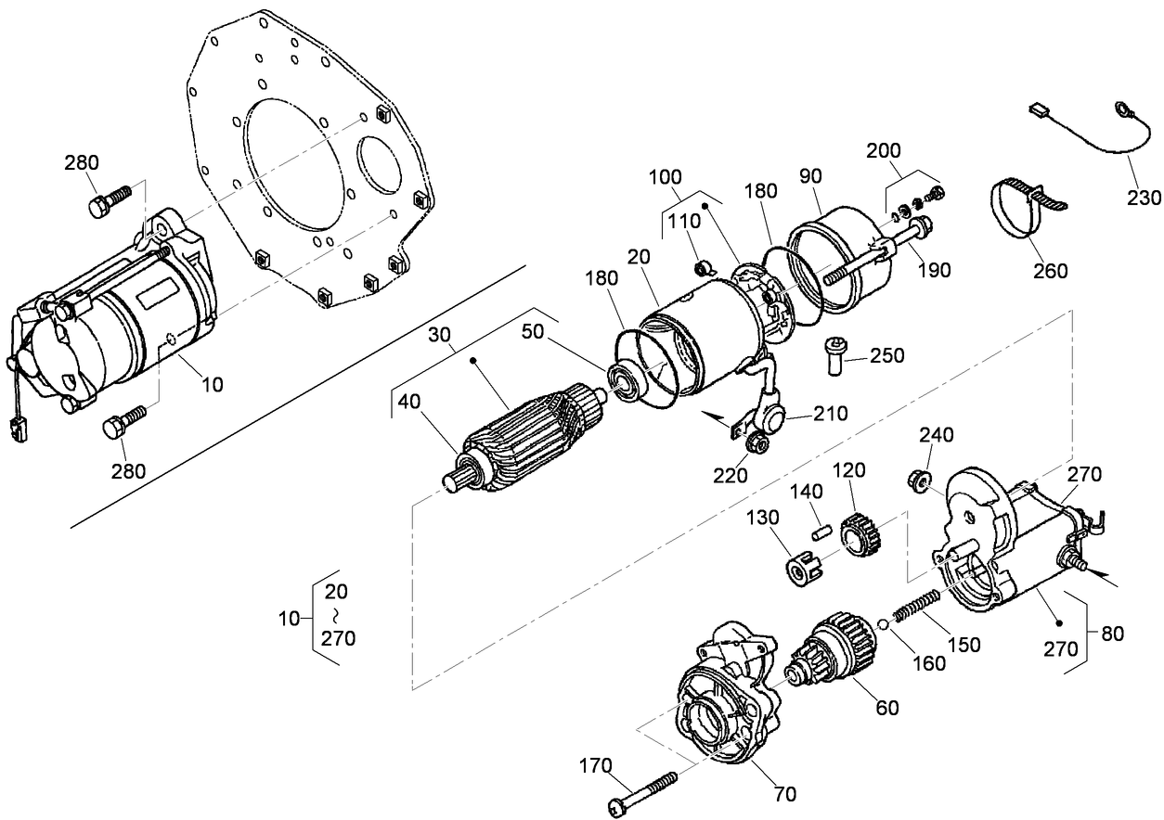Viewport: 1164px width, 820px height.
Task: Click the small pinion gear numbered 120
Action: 860,537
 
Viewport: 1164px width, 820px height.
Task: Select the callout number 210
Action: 831,414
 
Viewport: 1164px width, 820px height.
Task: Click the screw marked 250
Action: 834,355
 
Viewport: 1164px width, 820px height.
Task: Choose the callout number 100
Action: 666,176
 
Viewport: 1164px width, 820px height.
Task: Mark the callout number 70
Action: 784,794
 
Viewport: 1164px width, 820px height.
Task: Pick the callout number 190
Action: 934,270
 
